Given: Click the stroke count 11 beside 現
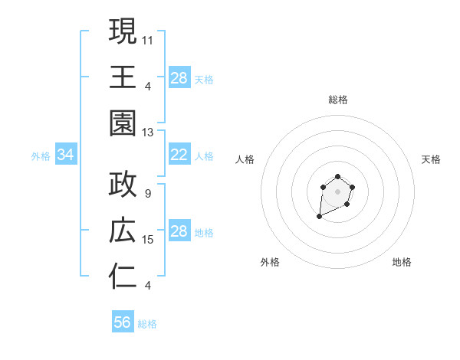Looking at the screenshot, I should (x=149, y=38).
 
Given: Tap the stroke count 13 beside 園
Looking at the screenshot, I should (x=149, y=132).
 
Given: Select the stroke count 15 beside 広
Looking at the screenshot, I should (x=149, y=240).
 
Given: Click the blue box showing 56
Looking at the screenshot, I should (x=123, y=322).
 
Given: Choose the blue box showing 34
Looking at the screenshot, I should (x=66, y=155).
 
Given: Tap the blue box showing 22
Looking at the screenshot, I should (x=179, y=155).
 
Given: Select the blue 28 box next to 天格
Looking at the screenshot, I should (x=179, y=78).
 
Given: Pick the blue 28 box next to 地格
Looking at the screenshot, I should (x=179, y=231).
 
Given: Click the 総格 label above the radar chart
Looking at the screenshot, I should (x=337, y=100).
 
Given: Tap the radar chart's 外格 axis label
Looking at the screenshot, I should (x=270, y=262).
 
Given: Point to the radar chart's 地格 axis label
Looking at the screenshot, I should (x=402, y=262).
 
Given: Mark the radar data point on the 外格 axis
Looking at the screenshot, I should (x=319, y=218).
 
